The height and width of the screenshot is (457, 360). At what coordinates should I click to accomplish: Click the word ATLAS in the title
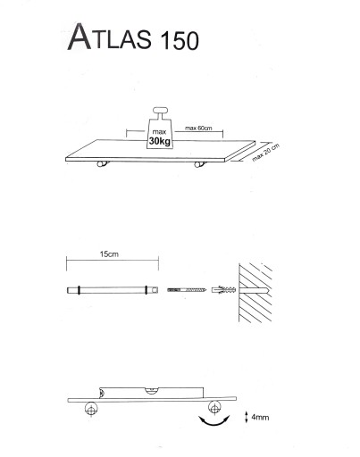point(110,37)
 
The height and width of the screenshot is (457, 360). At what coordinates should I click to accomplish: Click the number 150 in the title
point(180,40)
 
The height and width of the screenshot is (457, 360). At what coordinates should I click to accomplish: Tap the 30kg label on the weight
point(160,141)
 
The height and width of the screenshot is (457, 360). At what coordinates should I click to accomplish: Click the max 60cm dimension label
point(198,129)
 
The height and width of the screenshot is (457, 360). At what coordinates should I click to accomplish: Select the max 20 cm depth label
point(266,153)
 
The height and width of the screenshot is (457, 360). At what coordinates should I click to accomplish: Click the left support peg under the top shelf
point(103,164)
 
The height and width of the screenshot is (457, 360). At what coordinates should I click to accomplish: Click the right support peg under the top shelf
point(199,164)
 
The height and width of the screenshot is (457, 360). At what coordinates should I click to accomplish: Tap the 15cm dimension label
point(109,254)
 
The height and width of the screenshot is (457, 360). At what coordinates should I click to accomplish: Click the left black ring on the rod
point(79,290)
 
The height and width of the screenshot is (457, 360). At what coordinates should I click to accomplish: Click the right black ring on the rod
point(146,290)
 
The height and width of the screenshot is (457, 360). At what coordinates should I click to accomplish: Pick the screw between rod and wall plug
point(187,289)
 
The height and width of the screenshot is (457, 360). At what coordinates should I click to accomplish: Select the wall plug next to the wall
point(223,289)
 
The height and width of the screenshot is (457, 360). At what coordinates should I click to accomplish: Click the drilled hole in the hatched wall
point(254,290)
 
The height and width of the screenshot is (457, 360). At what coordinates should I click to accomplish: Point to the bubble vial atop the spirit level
point(152,390)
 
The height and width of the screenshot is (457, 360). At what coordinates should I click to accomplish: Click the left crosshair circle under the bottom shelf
point(91,409)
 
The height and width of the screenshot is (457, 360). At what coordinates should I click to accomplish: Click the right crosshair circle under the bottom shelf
point(214,408)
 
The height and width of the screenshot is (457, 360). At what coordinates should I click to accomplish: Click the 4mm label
point(260,418)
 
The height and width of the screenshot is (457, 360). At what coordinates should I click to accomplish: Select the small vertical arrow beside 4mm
point(247,417)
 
